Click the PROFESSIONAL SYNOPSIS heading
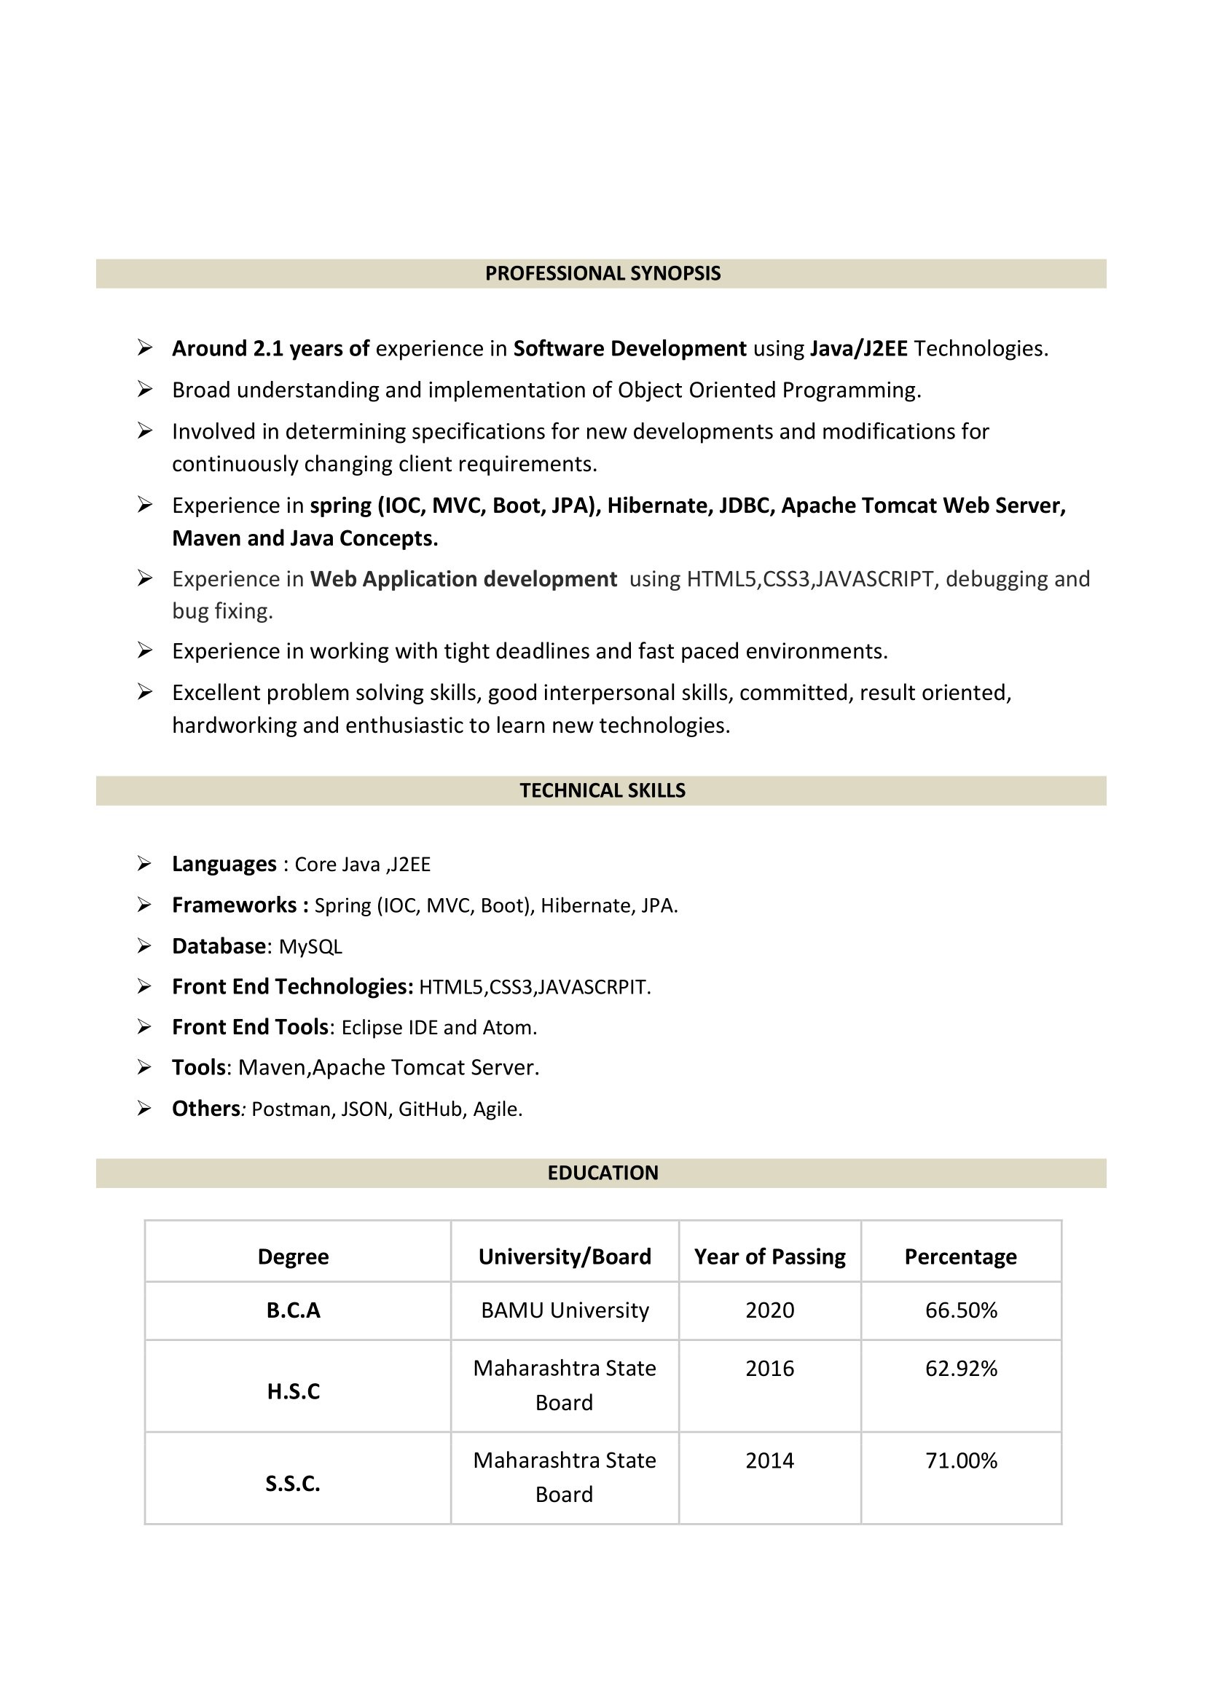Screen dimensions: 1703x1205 (x=602, y=274)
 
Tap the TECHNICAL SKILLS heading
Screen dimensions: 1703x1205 (x=602, y=791)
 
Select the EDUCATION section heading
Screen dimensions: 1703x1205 (x=602, y=1173)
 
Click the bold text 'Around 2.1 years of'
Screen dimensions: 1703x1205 (x=271, y=349)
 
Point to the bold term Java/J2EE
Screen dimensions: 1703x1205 (x=858, y=349)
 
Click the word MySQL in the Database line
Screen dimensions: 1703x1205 (x=310, y=947)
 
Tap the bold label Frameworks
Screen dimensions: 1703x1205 (x=235, y=905)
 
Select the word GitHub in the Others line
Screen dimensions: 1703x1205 (x=431, y=1109)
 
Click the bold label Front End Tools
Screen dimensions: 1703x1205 (x=250, y=1027)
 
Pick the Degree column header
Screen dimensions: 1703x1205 (x=293, y=1257)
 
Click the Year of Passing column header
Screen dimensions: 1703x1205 (x=769, y=1257)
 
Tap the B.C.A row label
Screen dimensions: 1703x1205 (x=293, y=1310)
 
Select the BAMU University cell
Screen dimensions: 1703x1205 (x=565, y=1310)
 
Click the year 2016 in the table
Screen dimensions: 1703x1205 (x=769, y=1369)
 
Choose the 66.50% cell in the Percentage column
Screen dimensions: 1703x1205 (x=961, y=1310)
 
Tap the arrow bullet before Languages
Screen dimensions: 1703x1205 (x=145, y=863)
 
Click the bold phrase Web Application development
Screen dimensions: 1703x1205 (x=463, y=579)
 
